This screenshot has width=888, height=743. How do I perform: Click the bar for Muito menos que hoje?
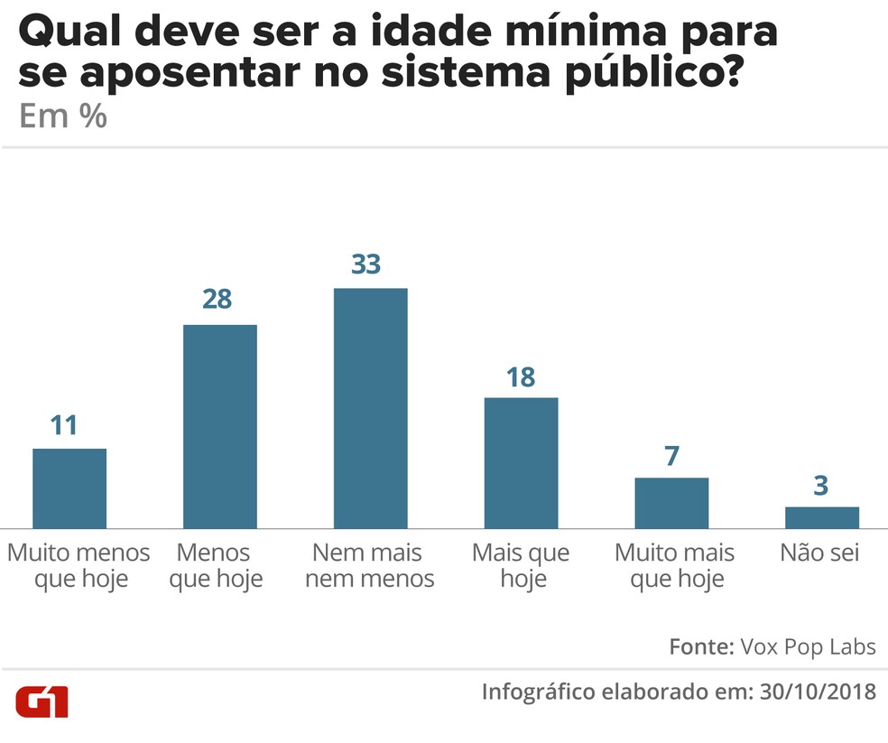coord(69,488)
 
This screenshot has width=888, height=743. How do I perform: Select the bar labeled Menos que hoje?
coord(220,426)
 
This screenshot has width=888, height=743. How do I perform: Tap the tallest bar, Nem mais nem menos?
coord(370,408)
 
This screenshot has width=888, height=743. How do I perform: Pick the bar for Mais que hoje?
coord(521,462)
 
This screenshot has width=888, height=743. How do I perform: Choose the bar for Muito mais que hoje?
coord(671,503)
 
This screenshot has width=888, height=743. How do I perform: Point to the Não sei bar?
coord(821,517)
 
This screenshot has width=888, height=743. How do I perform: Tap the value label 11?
coord(65,425)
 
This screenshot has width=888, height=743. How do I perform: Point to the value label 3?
coord(820,485)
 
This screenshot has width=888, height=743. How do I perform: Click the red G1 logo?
coord(42,701)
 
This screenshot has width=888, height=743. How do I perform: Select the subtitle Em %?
coord(62,117)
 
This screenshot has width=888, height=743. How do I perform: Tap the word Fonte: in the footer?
coord(700,647)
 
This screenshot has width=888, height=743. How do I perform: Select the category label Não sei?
coord(819,553)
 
